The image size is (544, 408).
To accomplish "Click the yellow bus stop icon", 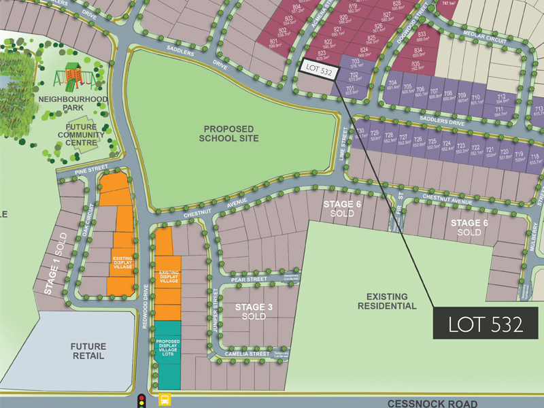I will pyautogui.click(x=165, y=399).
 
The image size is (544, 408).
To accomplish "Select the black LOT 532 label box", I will pyautogui.click(x=485, y=324).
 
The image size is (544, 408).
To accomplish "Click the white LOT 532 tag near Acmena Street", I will pyautogui.click(x=319, y=69).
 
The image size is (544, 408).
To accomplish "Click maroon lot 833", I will pyautogui.click(x=422, y=36).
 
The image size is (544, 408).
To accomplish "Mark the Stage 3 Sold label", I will pyautogui.click(x=254, y=311).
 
